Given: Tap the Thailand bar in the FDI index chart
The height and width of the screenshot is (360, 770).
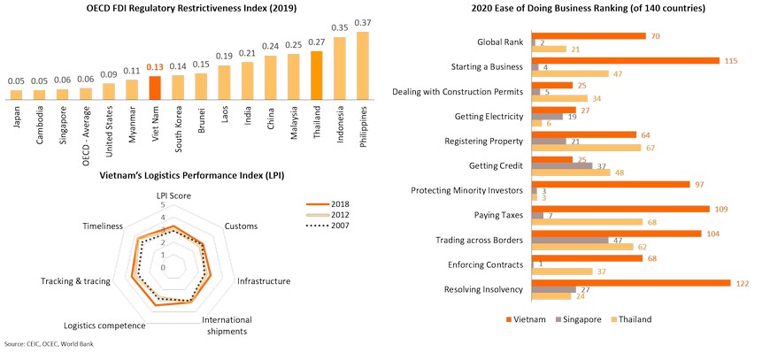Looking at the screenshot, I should coord(317,76).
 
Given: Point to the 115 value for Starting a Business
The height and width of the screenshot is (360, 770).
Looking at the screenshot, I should coord(731,59).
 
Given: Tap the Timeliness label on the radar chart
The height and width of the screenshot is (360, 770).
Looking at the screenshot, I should coord(103,226).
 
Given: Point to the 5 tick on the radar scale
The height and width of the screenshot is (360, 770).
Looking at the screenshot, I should coord(163,205).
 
